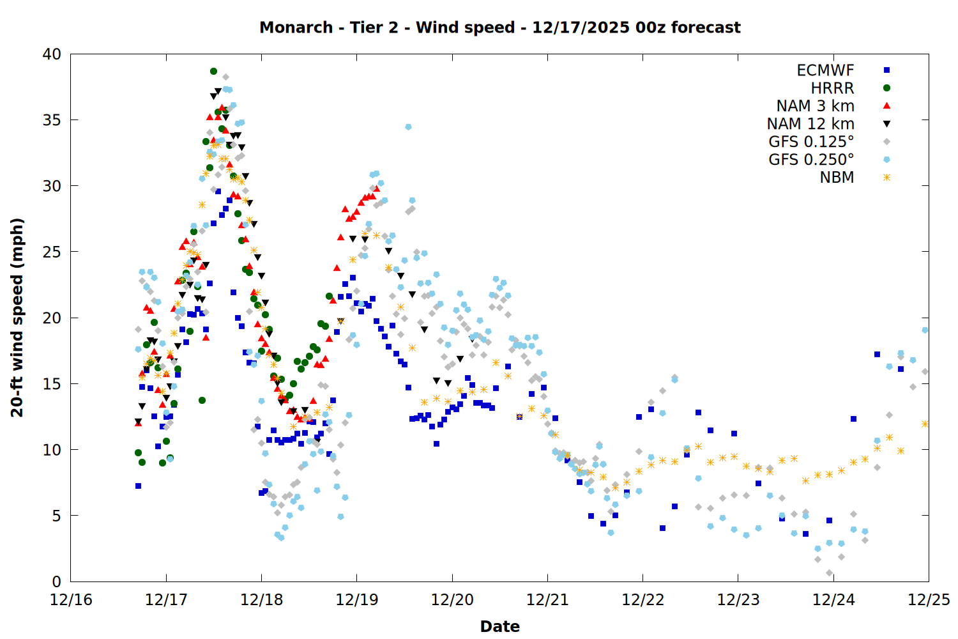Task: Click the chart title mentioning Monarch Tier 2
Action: click(x=499, y=27)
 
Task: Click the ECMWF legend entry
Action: click(x=825, y=70)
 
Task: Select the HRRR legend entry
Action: click(x=832, y=88)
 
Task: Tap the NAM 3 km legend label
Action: click(x=815, y=106)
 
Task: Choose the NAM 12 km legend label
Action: click(x=810, y=124)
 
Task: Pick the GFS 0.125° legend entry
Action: click(x=811, y=142)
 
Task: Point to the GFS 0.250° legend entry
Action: click(x=811, y=160)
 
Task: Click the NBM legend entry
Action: click(x=837, y=178)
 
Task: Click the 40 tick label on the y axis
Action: click(x=52, y=54)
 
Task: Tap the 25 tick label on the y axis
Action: click(x=52, y=252)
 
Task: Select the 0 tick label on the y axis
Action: click(x=56, y=581)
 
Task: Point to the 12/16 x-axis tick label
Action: click(x=70, y=600)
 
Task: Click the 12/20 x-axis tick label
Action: click(x=452, y=600)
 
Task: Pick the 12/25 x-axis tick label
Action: click(x=929, y=600)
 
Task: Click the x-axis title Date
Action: click(x=499, y=626)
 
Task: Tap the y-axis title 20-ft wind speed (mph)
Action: click(x=17, y=318)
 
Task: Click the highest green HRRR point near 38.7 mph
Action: click(x=213, y=71)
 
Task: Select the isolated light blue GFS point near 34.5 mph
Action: click(x=408, y=127)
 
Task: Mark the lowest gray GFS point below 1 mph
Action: click(x=829, y=573)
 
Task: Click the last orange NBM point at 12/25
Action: click(x=925, y=424)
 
